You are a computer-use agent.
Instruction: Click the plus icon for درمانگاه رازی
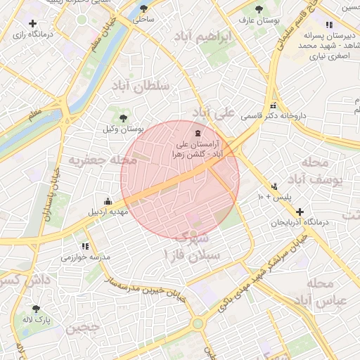tap(32, 24)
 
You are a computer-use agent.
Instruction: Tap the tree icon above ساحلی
tap(144, 9)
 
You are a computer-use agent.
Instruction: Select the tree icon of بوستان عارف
tap(260, 10)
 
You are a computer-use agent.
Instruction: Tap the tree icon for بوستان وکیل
tap(124, 118)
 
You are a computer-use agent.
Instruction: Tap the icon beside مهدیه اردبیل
tap(107, 200)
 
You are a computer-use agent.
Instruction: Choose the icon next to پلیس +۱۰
tap(274, 187)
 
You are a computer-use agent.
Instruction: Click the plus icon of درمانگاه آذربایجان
tap(300, 212)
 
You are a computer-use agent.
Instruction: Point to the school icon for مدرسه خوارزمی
tap(85, 247)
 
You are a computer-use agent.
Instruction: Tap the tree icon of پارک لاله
tap(36, 309)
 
